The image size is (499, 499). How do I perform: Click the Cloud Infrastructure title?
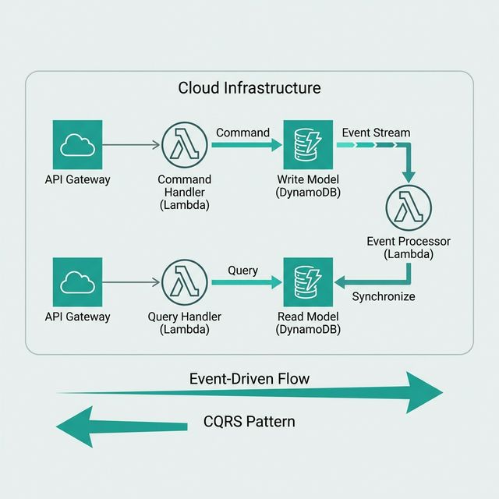(x=249, y=87)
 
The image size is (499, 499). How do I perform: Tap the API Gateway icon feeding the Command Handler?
(x=77, y=145)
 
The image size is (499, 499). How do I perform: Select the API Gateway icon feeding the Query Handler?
(x=77, y=282)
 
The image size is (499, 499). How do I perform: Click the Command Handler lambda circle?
(x=185, y=145)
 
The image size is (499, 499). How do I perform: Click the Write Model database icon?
(x=308, y=145)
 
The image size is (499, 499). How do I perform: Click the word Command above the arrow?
(x=242, y=133)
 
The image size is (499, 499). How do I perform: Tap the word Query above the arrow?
(x=242, y=271)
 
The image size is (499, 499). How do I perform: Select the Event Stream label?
(x=376, y=133)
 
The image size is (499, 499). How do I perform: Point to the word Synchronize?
(x=384, y=296)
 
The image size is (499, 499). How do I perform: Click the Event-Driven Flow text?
(x=249, y=379)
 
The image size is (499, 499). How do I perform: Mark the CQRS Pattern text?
(x=249, y=422)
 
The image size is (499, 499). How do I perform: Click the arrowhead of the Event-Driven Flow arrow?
(x=425, y=390)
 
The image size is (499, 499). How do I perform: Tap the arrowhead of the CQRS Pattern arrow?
(x=74, y=426)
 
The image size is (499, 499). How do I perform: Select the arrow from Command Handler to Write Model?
(x=246, y=145)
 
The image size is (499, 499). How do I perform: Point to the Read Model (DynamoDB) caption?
(x=308, y=324)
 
